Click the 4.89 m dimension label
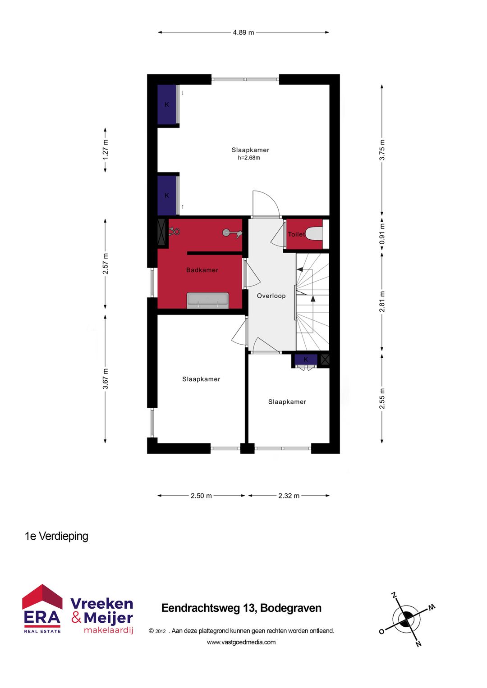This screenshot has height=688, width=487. (243, 32)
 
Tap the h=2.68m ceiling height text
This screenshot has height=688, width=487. (249, 158)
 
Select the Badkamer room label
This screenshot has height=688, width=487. (202, 270)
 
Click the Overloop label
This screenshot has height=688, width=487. (271, 296)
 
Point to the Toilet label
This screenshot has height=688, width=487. (296, 234)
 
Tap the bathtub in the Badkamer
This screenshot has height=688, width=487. (208, 300)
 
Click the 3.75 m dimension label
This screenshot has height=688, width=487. (382, 150)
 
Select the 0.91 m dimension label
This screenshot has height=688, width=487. (382, 234)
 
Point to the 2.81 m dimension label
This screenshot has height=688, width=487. (382, 301)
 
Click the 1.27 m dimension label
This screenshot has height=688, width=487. (105, 150)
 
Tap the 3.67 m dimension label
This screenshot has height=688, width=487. (105, 379)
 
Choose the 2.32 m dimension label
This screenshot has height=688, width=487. (289, 496)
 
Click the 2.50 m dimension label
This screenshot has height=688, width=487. (201, 496)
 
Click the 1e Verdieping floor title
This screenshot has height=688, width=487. (56, 536)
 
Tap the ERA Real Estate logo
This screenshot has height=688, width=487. (42, 608)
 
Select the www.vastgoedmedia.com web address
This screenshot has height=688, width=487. (241, 642)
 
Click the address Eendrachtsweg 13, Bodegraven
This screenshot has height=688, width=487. (241, 608)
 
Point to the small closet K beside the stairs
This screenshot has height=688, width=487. (306, 360)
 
